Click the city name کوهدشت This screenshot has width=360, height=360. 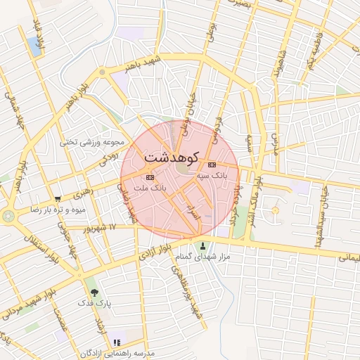coord(174,157)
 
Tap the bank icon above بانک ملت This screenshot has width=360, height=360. coord(148,177)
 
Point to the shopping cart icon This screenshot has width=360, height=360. coord(57,199)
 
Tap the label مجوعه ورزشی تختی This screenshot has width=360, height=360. coord(95,142)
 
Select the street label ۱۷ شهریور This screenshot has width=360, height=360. coord(98,228)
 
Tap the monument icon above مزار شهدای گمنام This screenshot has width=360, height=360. coord(204,246)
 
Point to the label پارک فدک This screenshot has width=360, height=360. coord(97,305)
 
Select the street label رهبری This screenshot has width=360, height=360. coord(83,191)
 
